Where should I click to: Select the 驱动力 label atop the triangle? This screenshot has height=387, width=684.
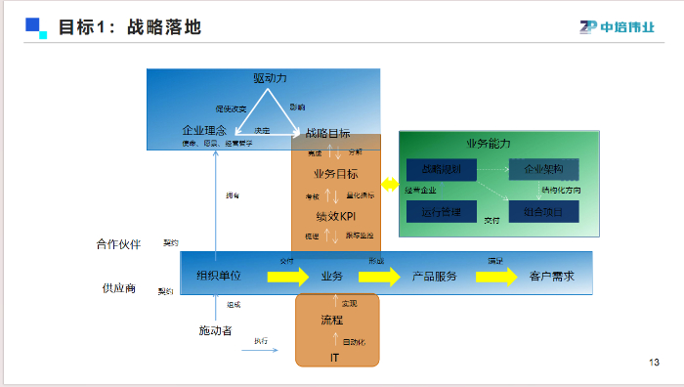point(270,78)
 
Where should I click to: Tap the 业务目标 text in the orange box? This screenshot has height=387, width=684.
point(334,174)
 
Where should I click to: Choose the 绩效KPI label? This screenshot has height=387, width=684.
point(334,216)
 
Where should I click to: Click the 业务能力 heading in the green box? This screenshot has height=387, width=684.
point(488,143)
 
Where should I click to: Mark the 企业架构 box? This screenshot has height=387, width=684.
point(543,169)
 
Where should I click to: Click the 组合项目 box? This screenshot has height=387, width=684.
point(543,210)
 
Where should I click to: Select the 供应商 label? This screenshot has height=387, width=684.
point(118,288)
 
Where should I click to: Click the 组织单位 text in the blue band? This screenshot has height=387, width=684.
point(219,277)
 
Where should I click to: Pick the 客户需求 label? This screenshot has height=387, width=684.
point(552,277)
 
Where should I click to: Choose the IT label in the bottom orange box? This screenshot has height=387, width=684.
point(334,359)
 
